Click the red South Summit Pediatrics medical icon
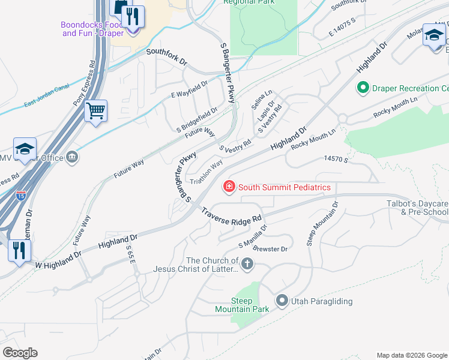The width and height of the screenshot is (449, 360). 229,188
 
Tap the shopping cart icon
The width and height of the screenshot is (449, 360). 96,111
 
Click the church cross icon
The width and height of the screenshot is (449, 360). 247,264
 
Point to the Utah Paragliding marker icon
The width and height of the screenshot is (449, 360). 282,301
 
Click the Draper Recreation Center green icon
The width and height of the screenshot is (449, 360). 363,89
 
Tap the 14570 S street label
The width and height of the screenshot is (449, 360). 336,159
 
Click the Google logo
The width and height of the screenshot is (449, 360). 20,353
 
